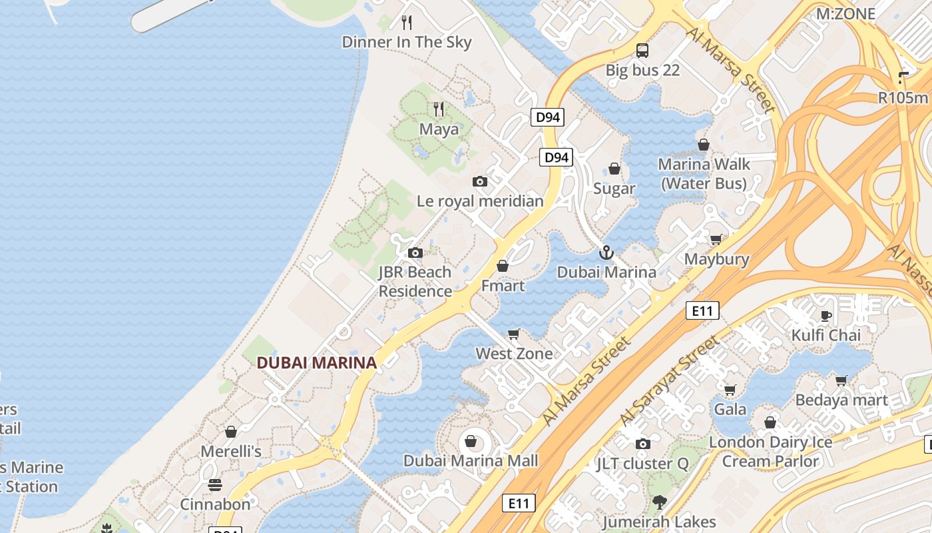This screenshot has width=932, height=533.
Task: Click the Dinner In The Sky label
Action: click(406, 42)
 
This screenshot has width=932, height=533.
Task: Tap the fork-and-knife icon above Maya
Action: click(438, 109)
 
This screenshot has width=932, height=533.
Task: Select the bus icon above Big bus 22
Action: click(642, 50)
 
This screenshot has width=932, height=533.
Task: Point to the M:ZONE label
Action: click(845, 13)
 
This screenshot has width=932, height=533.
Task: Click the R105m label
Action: click(903, 98)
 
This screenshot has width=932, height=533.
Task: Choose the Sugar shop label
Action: click(614, 189)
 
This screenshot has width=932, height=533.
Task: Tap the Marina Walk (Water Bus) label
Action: click(704, 173)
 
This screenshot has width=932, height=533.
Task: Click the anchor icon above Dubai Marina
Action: click(606, 253)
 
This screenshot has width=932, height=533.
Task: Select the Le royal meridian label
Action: click(480, 201)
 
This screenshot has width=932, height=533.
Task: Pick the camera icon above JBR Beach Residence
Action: click(415, 253)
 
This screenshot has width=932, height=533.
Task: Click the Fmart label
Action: click(503, 286)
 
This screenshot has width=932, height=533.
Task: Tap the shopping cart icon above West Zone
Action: click(513, 334)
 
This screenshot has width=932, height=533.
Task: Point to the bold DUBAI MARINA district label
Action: click(317, 363)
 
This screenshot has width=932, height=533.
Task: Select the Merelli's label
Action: click(231, 451)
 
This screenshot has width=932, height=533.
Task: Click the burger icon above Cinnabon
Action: click(214, 484)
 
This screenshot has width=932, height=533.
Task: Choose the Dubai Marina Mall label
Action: click(471, 460)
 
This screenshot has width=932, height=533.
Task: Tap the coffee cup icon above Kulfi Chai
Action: click(826, 316)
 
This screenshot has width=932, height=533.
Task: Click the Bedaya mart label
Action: click(841, 400)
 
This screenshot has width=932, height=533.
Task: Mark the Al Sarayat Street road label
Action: click(670, 380)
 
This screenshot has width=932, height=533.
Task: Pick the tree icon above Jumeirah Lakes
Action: click(659, 502)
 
